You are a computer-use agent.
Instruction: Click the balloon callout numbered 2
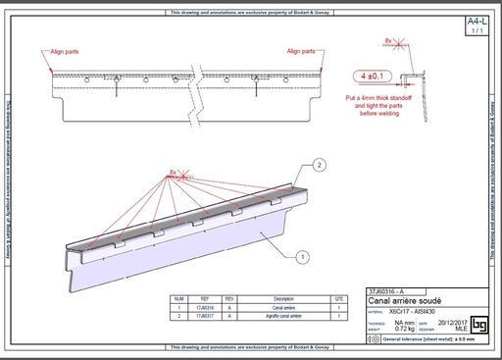coord(319,165)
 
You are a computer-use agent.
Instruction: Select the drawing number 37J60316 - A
coord(389,292)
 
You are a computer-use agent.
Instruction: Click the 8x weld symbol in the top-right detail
coord(390,41)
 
